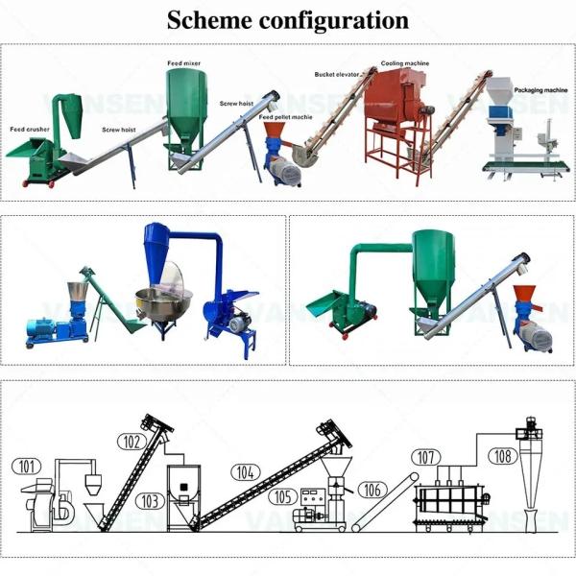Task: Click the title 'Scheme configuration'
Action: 287,20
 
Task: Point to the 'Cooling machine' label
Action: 404,63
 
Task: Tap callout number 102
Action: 132,442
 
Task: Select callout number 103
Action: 148,501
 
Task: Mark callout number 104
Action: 246,472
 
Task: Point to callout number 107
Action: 426,457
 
